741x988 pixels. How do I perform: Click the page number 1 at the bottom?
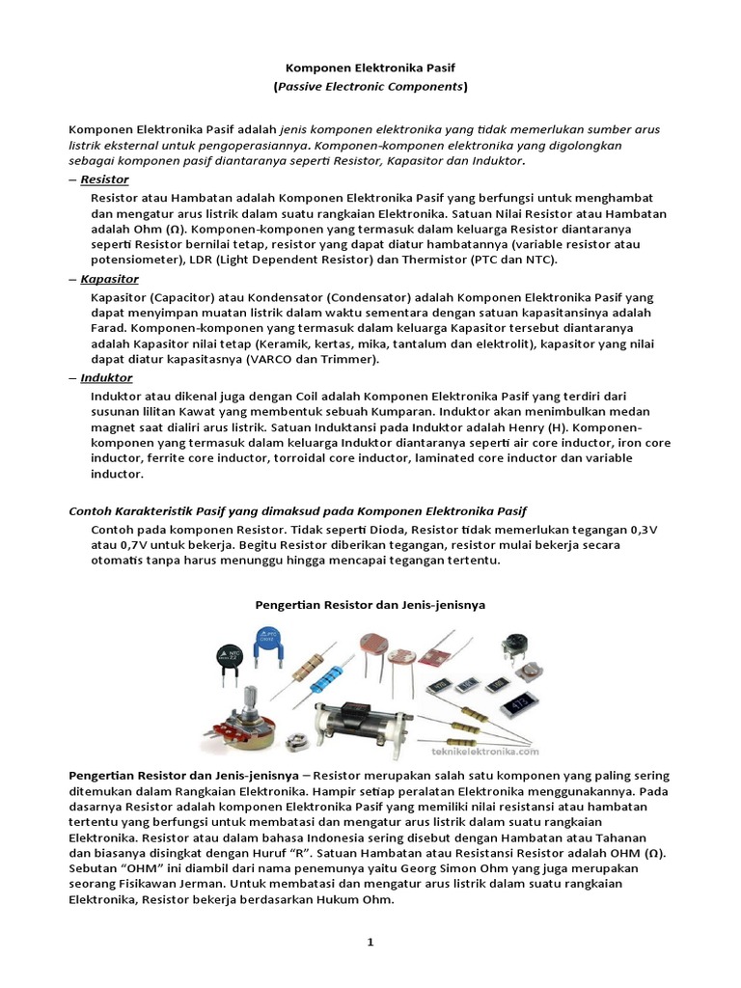[370, 943]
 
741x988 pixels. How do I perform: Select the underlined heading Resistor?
[104, 179]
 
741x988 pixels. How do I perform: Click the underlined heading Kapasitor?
[108, 279]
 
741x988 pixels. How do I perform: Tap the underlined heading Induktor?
[106, 378]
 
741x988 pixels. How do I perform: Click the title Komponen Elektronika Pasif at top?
[370, 69]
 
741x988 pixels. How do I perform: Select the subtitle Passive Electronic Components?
[370, 87]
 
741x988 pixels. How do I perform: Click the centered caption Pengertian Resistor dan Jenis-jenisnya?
[370, 605]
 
